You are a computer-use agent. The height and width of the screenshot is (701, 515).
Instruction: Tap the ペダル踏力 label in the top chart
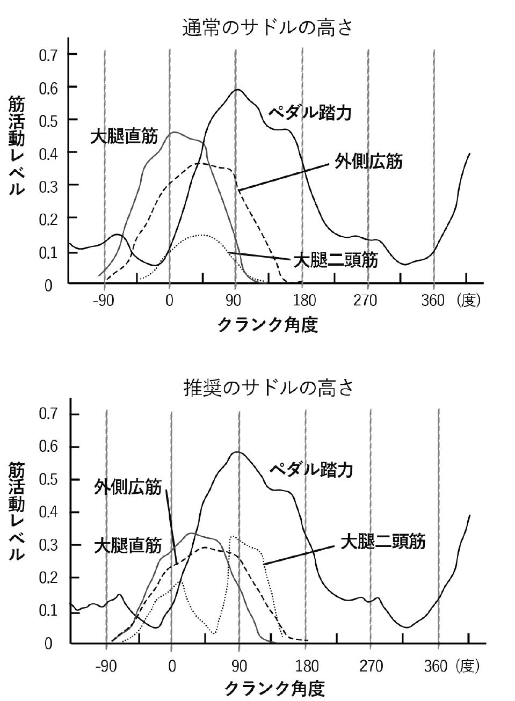pyautogui.click(x=310, y=113)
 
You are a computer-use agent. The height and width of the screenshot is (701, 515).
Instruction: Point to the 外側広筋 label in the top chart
pyautogui.click(x=368, y=162)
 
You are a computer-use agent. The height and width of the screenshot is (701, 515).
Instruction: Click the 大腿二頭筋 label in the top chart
pyautogui.click(x=335, y=261)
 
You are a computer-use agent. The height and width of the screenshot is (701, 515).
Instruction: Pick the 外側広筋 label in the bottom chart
pyautogui.click(x=127, y=487)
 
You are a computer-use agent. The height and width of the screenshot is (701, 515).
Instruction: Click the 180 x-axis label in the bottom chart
pyautogui.click(x=307, y=667)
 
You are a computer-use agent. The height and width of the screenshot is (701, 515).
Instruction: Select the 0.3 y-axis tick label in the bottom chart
pyautogui.click(x=48, y=545)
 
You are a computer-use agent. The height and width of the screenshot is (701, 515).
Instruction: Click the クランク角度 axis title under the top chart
pyautogui.click(x=267, y=325)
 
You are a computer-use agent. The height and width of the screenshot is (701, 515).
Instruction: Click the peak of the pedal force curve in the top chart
pyautogui.click(x=237, y=90)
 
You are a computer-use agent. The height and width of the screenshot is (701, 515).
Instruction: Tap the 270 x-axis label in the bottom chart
pyautogui.click(x=371, y=667)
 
